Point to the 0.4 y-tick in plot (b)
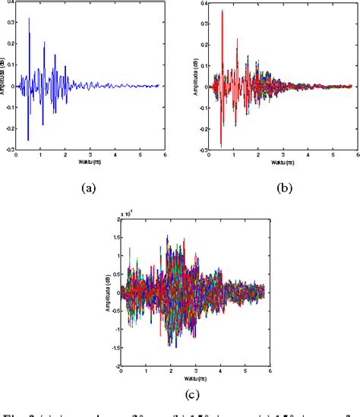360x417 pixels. (x=204, y=4)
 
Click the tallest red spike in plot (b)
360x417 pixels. (x=222, y=11)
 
